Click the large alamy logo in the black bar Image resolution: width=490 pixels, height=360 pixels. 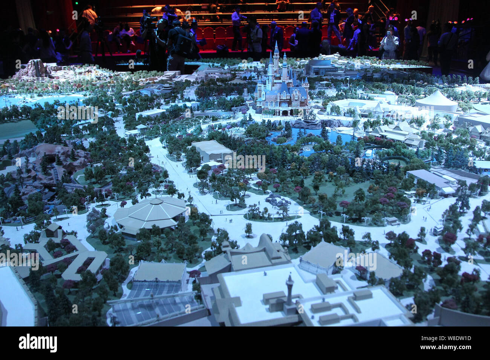coord(38,343)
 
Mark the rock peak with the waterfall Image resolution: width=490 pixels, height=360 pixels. coord(36,68)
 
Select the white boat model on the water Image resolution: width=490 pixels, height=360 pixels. coord(368,153)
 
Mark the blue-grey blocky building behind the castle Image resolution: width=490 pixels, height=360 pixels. coord(320,68)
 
